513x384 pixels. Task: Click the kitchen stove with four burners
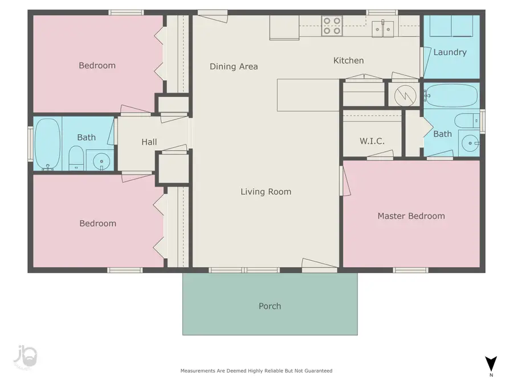tap(332, 26)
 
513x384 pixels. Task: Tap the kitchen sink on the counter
tap(383, 29)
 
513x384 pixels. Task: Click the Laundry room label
tap(450, 52)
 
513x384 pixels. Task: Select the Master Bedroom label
tap(411, 216)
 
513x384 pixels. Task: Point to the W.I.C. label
tap(372, 141)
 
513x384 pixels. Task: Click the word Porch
tap(270, 306)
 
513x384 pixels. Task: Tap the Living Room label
tap(266, 192)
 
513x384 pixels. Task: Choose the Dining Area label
tap(234, 67)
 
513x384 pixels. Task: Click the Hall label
tap(149, 142)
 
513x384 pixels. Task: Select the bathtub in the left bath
tap(48, 144)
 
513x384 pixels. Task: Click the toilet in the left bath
tap(76, 158)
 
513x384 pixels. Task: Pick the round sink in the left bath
tap(101, 162)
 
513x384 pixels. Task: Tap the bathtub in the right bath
tap(451, 96)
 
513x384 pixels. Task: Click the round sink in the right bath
tap(470, 143)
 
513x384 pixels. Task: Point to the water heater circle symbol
tap(405, 96)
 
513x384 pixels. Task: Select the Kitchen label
tap(348, 61)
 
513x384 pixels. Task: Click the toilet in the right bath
tap(467, 121)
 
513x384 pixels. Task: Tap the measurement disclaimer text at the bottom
tap(256, 370)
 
